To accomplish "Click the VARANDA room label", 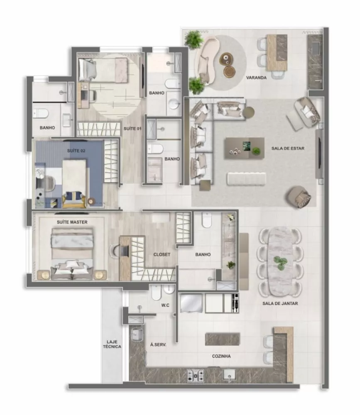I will click(x=256, y=78).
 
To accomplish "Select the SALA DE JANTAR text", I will click(x=280, y=303).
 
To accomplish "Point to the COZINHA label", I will click(x=221, y=356).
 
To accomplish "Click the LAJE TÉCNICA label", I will click(x=112, y=344).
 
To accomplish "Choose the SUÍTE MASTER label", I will click(x=72, y=222).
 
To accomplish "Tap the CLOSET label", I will click(x=162, y=254).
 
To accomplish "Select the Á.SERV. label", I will click(x=158, y=344).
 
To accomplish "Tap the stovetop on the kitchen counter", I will click(x=195, y=375).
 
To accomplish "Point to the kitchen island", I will click(x=222, y=339).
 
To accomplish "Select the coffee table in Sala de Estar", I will click(x=244, y=148).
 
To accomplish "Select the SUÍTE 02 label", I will click(x=76, y=151).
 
